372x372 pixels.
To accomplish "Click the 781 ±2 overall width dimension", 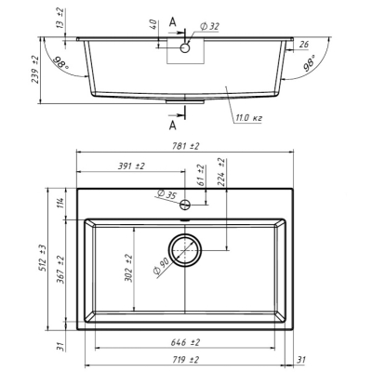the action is coord(184,146).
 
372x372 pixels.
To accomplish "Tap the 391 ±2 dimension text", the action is coord(131,166).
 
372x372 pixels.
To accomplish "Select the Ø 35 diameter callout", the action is coord(166,194).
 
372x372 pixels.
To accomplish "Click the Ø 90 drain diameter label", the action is coord(161,267).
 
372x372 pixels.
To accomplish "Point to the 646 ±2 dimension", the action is coord(185,342).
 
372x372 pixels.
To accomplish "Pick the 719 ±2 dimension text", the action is coord(184,360).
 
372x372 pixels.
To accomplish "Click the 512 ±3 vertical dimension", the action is coord(43,258).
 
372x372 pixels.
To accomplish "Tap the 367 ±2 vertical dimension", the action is coord(60,270).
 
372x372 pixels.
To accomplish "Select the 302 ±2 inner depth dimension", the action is coord(128,268).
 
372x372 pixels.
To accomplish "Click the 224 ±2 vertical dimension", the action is coord(220,172).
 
